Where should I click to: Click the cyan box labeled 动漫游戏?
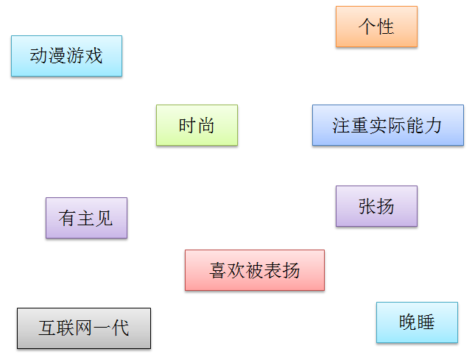(66, 56)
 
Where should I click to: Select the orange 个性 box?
(376, 27)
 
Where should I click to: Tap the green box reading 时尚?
(197, 125)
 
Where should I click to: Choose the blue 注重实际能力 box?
(387, 125)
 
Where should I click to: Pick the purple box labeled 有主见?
(86, 218)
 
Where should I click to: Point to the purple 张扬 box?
(376, 206)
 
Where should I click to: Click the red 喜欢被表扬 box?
(254, 270)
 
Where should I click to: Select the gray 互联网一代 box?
(83, 328)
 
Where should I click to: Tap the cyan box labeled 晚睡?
(417, 322)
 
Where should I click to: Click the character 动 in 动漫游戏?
(39, 56)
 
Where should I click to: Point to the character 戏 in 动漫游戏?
(94, 56)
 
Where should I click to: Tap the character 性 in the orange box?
(386, 27)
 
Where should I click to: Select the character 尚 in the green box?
(206, 125)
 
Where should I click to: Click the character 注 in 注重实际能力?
(342, 125)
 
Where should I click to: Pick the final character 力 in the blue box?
(433, 125)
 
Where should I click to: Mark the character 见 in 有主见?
(105, 218)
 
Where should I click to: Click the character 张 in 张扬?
(367, 206)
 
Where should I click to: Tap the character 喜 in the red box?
(218, 270)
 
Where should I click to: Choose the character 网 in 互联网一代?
(83, 328)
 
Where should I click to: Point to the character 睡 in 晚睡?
(426, 322)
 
